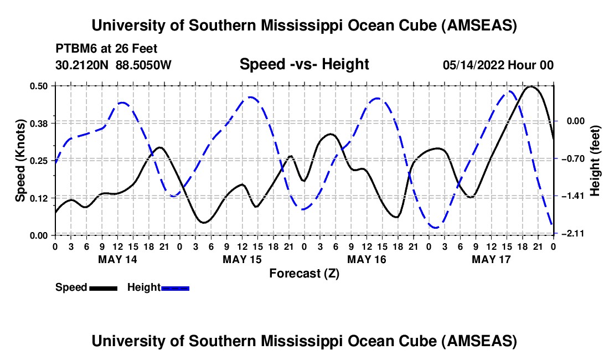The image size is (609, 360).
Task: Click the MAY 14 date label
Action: (118, 259)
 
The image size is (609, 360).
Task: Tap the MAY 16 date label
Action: (367, 259)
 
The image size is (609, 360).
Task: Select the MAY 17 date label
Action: (491, 259)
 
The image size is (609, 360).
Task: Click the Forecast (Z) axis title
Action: (304, 273)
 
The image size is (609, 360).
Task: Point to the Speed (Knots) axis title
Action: (20, 161)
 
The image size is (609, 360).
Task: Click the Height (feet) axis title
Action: (595, 161)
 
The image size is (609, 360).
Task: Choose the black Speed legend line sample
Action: (103, 288)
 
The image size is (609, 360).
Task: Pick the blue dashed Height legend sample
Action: (175, 288)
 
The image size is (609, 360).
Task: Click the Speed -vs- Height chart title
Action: (304, 64)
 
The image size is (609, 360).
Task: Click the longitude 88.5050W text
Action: (143, 65)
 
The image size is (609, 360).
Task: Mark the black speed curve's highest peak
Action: (531, 86)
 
